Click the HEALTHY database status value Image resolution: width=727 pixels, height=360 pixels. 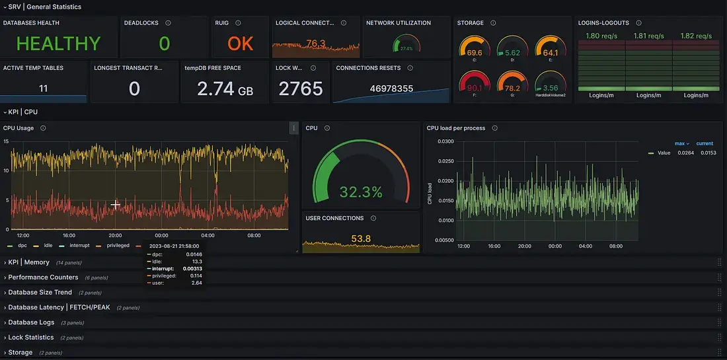[58, 44]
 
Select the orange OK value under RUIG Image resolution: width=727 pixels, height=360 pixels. [241, 44]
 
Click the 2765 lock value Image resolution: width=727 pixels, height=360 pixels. [301, 89]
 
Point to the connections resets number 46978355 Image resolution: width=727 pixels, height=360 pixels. [391, 89]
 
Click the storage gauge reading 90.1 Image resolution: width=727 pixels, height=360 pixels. [475, 88]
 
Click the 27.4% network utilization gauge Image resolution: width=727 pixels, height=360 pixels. [406, 46]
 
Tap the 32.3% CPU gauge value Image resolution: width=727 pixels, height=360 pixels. [361, 192]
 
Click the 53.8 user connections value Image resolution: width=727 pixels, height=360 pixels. [361, 238]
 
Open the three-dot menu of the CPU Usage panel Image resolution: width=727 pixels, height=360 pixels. [294, 128]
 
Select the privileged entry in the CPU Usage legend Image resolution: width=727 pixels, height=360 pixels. [116, 246]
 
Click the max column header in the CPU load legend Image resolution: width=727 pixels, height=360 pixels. [681, 143]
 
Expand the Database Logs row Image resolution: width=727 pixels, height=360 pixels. [31, 322]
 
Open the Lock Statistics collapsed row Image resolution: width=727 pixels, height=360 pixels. [30, 338]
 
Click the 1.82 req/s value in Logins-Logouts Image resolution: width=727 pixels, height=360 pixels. [695, 36]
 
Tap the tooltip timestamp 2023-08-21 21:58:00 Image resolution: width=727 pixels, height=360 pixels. [174, 245]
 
